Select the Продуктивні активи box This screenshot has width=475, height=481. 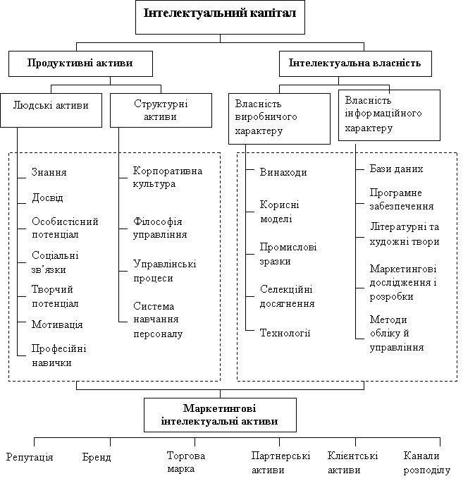80,63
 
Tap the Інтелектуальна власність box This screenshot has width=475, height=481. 354,63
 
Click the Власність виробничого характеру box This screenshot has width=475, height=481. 279,118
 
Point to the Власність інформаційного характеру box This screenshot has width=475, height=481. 389,115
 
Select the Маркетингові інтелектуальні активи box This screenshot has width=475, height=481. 220,415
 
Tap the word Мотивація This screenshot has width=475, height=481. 57,324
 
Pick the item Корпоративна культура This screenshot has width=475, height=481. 168,178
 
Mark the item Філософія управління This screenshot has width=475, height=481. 161,228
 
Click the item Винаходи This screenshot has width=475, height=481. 283,173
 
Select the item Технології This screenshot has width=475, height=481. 285,333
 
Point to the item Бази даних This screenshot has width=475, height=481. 396,169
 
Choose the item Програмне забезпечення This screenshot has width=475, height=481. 401,200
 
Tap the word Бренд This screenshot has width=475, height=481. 97,457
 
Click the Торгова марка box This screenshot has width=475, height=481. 190,463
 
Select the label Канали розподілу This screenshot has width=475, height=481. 426,463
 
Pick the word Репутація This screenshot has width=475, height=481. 30,457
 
